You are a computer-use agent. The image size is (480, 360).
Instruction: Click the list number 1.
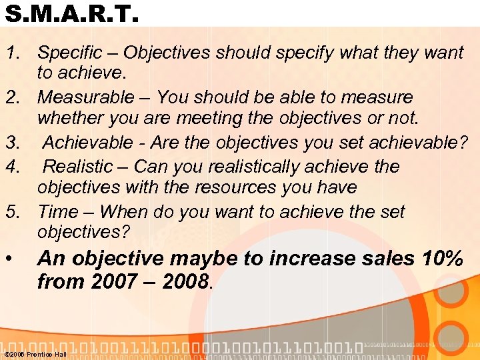(12, 53)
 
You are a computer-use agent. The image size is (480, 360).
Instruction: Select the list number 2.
(12, 97)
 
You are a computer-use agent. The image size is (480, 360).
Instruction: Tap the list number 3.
(12, 143)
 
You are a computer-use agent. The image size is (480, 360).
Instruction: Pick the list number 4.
(12, 166)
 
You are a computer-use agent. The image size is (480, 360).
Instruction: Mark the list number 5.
(12, 212)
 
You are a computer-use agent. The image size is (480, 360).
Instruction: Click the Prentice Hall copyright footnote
(35, 354)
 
